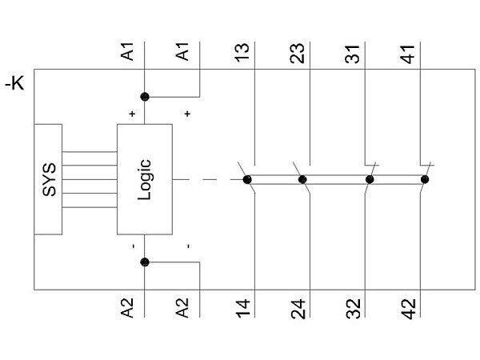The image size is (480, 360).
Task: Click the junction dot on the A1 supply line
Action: point(145,97)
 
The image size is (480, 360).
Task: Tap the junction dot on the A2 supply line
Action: point(145,262)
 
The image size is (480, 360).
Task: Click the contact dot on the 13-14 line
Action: point(247,179)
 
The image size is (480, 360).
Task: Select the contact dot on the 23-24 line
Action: point(302,179)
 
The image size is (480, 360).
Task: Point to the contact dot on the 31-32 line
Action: point(370,179)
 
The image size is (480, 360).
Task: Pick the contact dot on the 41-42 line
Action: point(425,179)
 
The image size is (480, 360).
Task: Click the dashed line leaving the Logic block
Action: point(204,179)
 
